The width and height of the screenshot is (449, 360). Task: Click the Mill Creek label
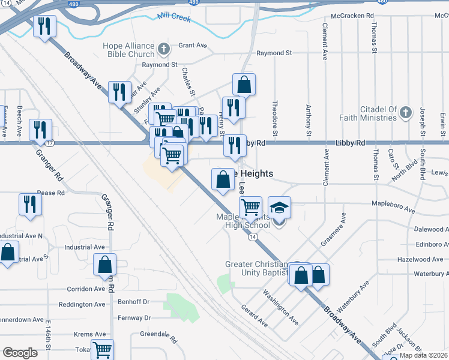pyautogui.click(x=174, y=19)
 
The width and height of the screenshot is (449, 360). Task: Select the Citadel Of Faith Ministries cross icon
pyautogui.click(x=406, y=112)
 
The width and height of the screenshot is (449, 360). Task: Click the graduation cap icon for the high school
pyautogui.click(x=279, y=208)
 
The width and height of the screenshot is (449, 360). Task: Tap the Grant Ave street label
pyautogui.click(x=192, y=46)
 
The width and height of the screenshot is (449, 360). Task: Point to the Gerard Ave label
pyautogui.click(x=255, y=314)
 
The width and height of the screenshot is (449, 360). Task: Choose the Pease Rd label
pyautogui.click(x=50, y=193)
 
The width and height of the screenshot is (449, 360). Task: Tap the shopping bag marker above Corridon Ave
pyautogui.click(x=105, y=264)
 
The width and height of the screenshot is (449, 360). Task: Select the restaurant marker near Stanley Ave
pyautogui.click(x=120, y=92)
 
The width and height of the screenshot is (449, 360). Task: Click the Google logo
pyautogui.click(x=20, y=352)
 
